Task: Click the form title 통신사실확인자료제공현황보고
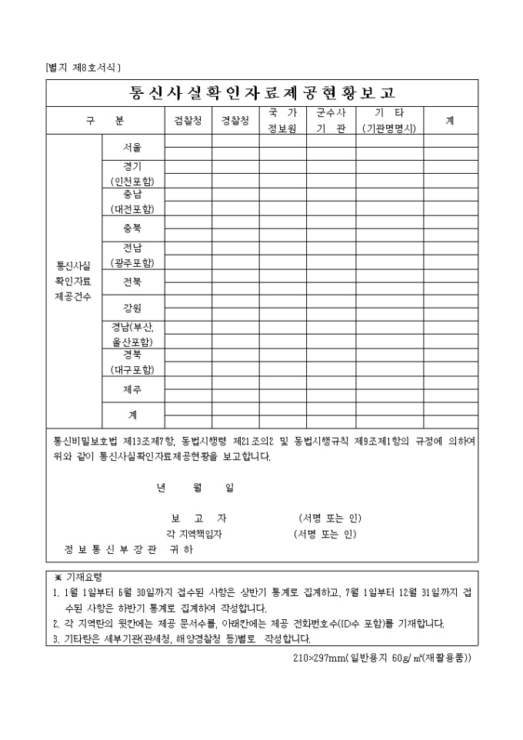pos(261,93)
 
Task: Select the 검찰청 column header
pos(188,121)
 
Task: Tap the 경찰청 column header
pos(235,121)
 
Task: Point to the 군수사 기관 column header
pos(331,121)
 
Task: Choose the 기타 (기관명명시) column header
pos(389,121)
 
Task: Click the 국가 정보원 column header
pos(282,121)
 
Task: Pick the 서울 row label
pos(132,147)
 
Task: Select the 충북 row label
pos(132,228)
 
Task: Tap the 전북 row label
pos(132,282)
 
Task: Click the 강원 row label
pos(132,308)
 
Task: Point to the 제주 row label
pos(132,389)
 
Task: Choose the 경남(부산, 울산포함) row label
pos(132,335)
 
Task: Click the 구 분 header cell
pos(105,121)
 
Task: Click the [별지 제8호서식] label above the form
pos(83,68)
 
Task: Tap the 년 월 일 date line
pos(195,488)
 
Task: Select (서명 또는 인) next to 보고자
pos(330,518)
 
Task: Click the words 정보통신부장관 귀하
pos(129,549)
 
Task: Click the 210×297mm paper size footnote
pos(382,658)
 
